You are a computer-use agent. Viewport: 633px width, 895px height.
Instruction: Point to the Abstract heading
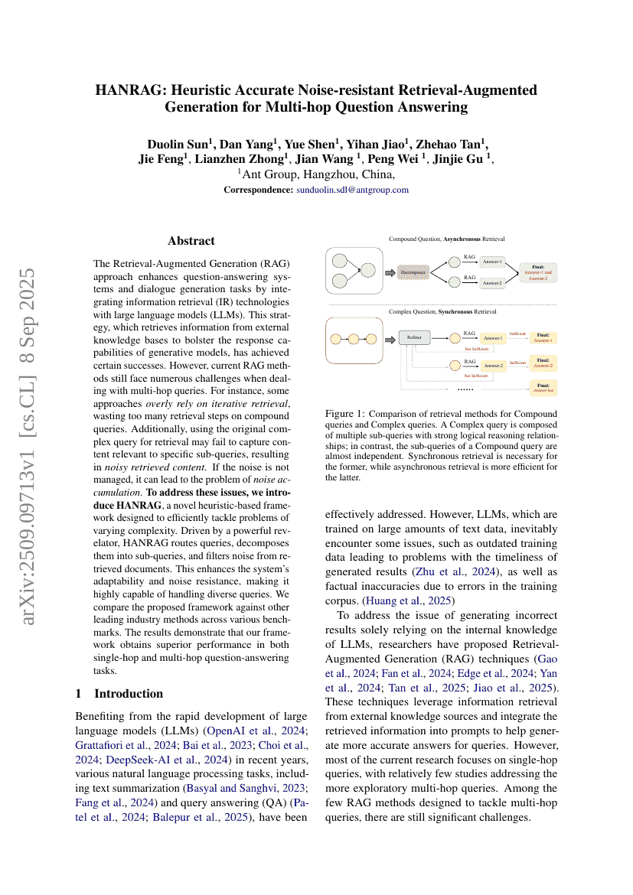click(x=191, y=240)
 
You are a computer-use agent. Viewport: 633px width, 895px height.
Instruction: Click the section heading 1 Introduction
click(x=119, y=693)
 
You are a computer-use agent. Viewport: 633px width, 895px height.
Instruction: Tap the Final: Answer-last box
click(x=543, y=388)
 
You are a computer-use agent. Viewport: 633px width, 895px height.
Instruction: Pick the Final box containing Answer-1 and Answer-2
click(x=543, y=271)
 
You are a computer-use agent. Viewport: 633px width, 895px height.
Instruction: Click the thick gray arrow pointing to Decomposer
click(x=389, y=272)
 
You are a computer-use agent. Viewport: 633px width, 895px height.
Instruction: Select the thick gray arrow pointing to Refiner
click(x=389, y=337)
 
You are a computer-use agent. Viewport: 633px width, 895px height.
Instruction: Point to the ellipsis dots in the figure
click(x=466, y=388)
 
